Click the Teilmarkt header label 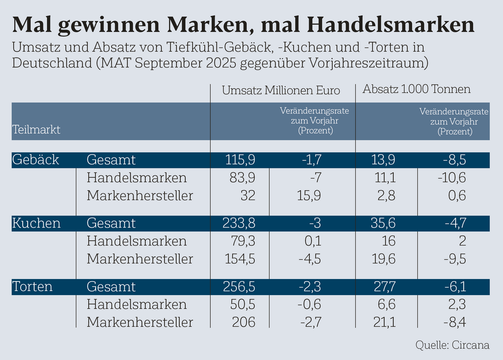coord(36,129)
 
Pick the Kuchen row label coord(36,223)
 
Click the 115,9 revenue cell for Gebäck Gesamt coord(240,160)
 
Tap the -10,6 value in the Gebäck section coord(452,178)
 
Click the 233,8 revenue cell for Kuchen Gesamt coord(239,223)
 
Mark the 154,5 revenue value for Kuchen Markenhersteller coord(240,259)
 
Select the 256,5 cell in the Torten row coord(239,287)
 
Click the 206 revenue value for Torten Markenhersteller coord(244,322)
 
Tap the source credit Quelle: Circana coord(452,345)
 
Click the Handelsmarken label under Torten coord(136,304)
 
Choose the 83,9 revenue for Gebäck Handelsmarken coord(243,178)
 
